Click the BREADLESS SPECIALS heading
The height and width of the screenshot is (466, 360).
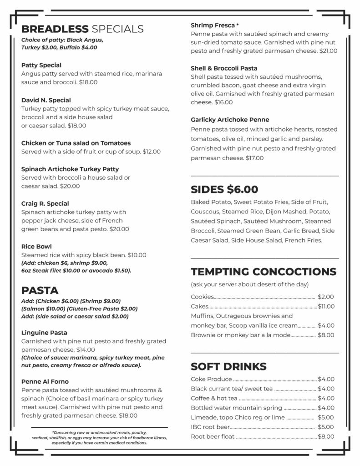[x=82, y=29]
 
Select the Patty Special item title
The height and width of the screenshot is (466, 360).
[x=41, y=65]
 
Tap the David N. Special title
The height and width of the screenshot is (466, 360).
[x=46, y=100]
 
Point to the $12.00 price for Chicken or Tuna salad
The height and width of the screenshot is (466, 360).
[x=152, y=152]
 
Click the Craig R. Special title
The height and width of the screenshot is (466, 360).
[x=45, y=203]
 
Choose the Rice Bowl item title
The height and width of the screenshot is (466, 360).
[x=36, y=246]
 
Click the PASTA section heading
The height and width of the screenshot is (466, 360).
[x=40, y=290]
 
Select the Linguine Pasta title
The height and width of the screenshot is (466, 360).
[x=44, y=333]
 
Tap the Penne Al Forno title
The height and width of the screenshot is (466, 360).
[x=45, y=381]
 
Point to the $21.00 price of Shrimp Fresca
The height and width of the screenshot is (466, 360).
[x=328, y=51]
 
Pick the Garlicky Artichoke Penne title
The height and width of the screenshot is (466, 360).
[x=230, y=120]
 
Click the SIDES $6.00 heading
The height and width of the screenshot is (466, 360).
[x=224, y=189]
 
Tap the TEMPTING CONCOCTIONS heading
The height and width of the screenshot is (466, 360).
[x=264, y=272]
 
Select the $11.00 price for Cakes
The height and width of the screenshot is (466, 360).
[x=326, y=306]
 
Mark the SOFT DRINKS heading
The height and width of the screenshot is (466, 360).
[x=228, y=366]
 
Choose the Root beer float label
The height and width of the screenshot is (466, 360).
[x=213, y=436]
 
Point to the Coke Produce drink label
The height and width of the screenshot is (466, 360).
[x=211, y=379]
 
